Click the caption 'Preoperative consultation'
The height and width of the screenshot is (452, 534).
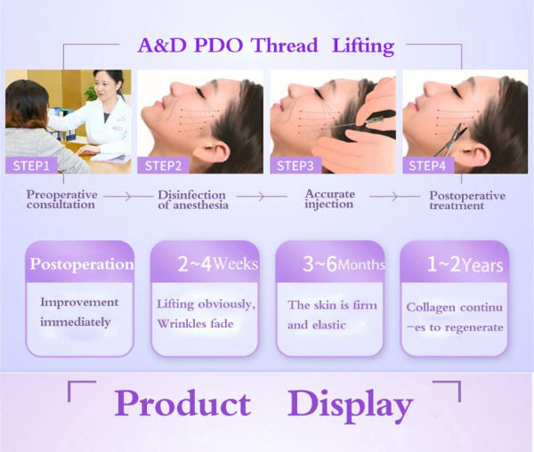point(61,199)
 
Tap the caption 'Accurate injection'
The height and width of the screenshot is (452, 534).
point(330,198)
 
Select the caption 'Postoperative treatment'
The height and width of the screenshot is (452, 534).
point(467,199)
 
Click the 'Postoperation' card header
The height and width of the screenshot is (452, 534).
point(82,264)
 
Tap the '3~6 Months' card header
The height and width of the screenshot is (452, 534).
point(330,264)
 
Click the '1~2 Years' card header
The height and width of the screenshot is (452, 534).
point(454,264)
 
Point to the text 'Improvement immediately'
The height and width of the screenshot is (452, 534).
point(79,311)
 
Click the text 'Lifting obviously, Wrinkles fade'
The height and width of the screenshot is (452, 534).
point(206,314)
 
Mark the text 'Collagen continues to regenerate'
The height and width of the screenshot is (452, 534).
point(454,317)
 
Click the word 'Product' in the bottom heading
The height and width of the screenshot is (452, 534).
point(182,404)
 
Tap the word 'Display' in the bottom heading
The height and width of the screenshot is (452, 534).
point(350,404)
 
